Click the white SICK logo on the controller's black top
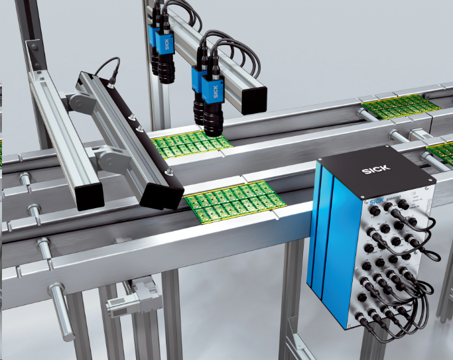point(376,170)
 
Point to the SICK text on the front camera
point(213,90)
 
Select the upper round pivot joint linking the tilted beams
point(78,103)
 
